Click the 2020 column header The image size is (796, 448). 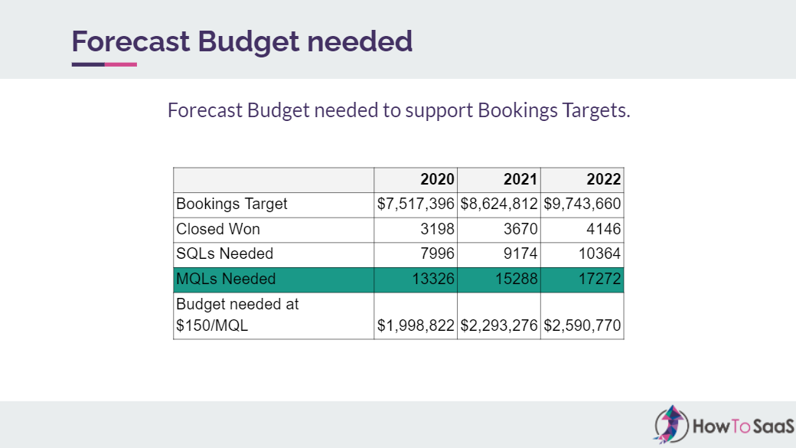pyautogui.click(x=438, y=181)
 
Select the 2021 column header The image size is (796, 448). pyautogui.click(x=520, y=181)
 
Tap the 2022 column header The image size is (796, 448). pyautogui.click(x=604, y=181)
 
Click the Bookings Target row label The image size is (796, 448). pyautogui.click(x=232, y=204)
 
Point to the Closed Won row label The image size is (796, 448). pyautogui.click(x=218, y=229)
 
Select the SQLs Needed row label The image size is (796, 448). pyautogui.click(x=224, y=253)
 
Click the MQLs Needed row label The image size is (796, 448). pyautogui.click(x=226, y=279)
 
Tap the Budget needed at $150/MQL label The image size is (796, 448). pyautogui.click(x=237, y=315)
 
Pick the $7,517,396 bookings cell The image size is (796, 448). pyautogui.click(x=416, y=204)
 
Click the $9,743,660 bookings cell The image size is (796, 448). pyautogui.click(x=582, y=204)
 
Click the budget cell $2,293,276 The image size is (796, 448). pyautogui.click(x=499, y=325)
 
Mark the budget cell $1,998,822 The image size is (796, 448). pyautogui.click(x=416, y=325)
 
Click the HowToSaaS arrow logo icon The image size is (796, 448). pyautogui.click(x=670, y=423)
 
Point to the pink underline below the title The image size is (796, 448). pyautogui.click(x=121, y=64)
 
